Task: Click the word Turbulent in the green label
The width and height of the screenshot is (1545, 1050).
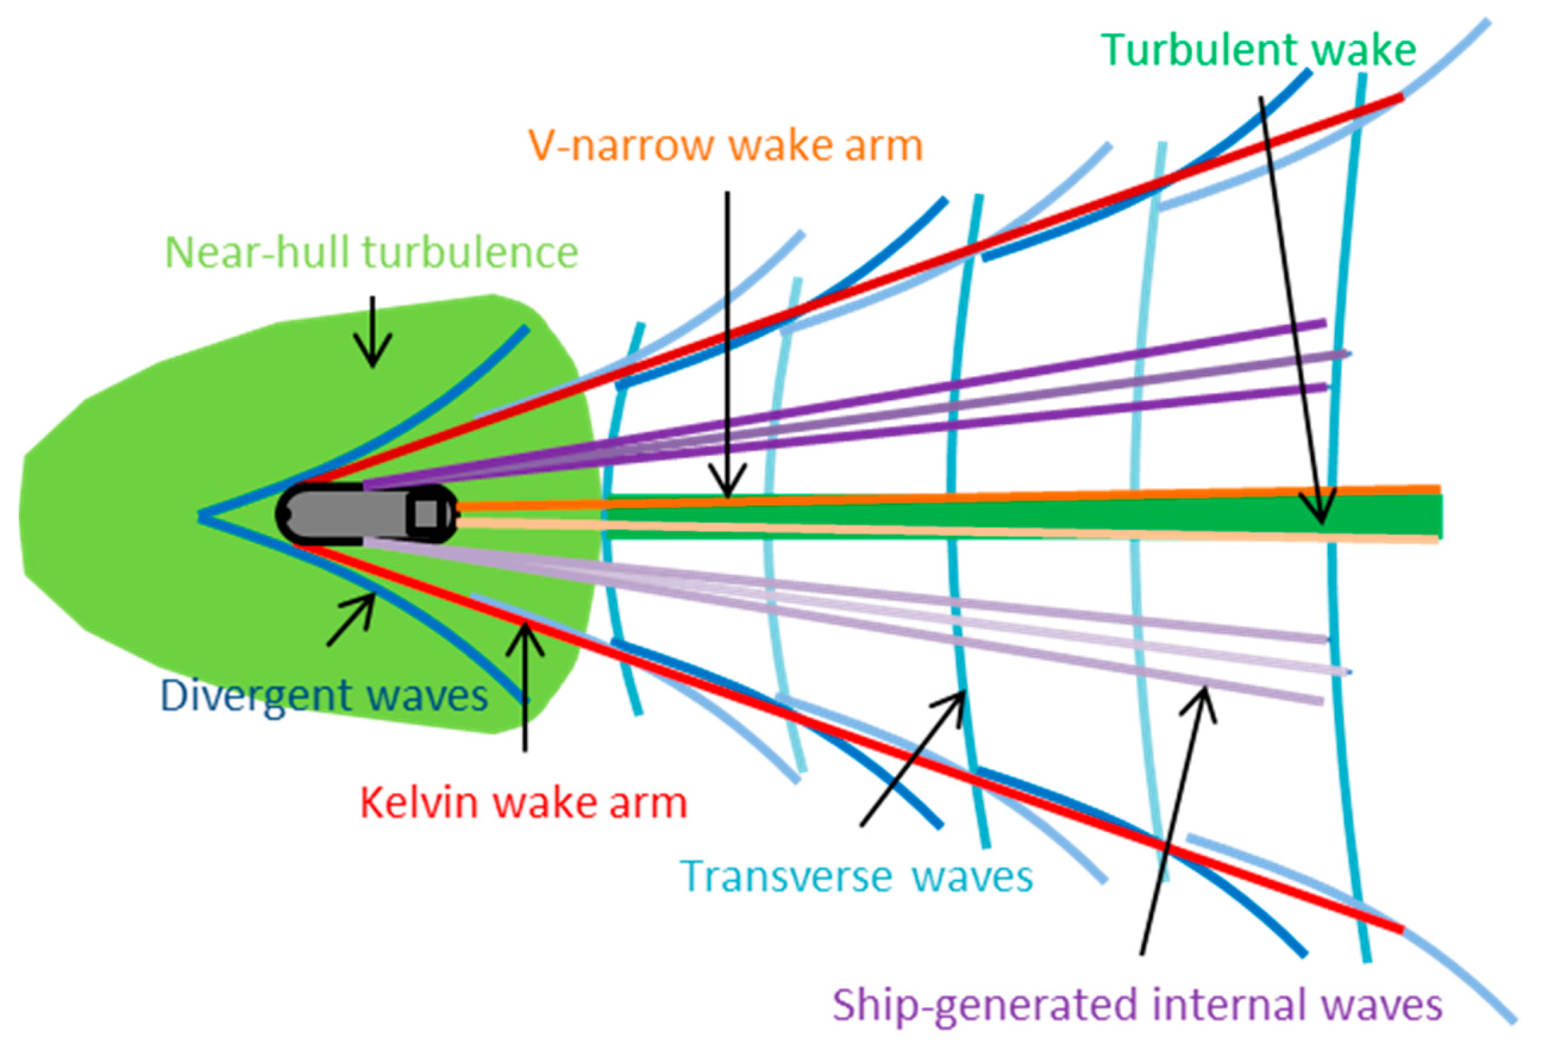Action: point(1198,50)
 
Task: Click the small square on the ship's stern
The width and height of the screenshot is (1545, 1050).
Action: point(425,513)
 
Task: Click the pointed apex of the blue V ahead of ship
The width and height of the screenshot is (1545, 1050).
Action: point(201,517)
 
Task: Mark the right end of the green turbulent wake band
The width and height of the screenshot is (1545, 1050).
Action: point(1436,516)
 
